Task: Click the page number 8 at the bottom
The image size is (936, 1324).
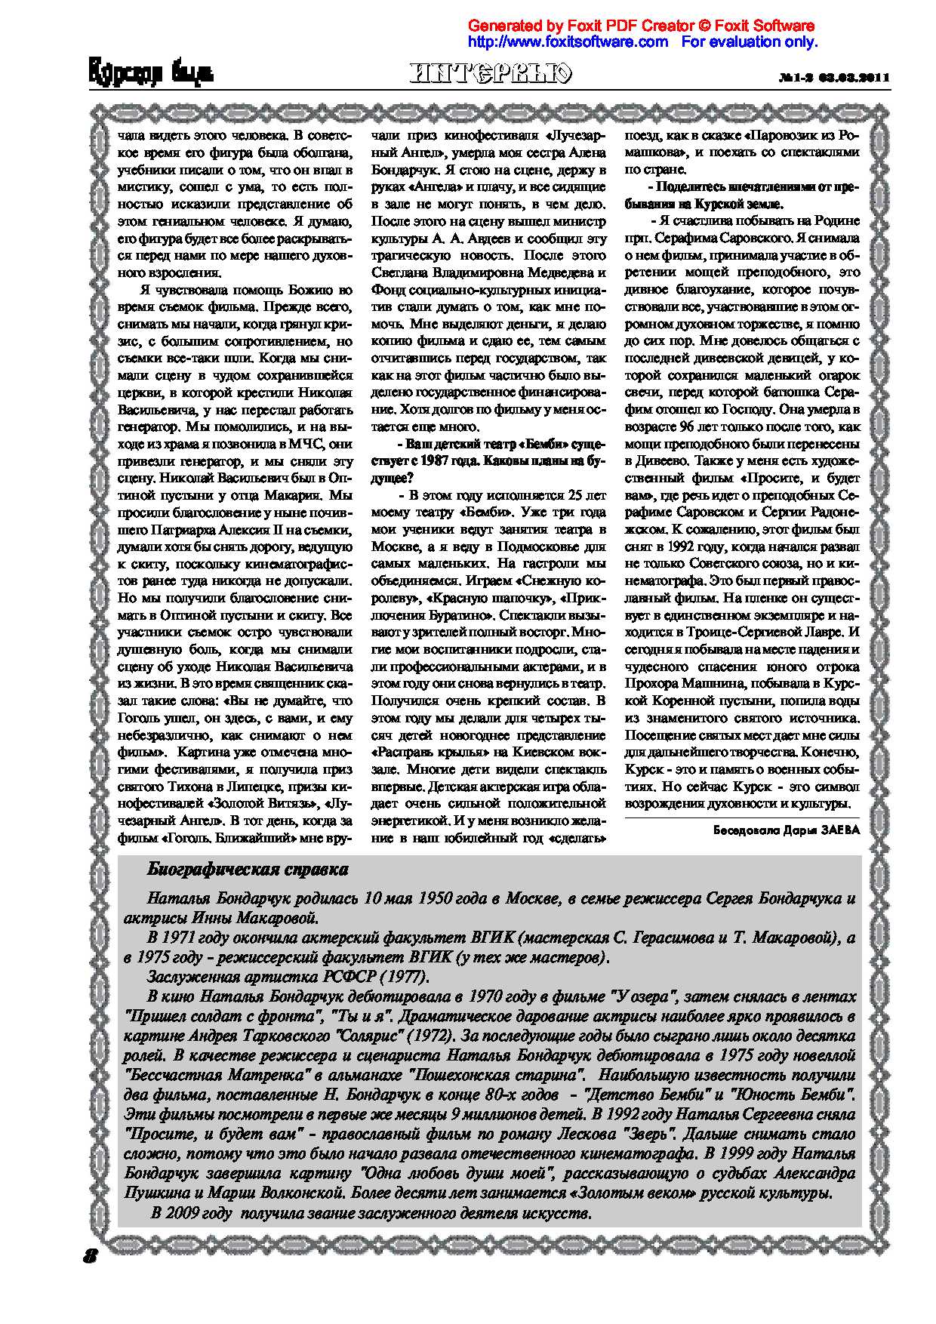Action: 91,1256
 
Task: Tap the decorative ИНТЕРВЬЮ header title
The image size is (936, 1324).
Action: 491,73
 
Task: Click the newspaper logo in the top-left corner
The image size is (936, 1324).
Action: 151,74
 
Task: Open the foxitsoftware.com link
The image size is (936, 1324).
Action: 568,42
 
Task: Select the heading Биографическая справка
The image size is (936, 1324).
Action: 248,870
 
